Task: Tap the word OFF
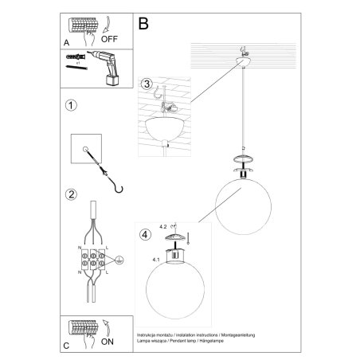pyautogui.click(x=110, y=36)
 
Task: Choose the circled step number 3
pyautogui.click(x=146, y=84)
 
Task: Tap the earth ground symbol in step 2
pyautogui.click(x=119, y=259)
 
